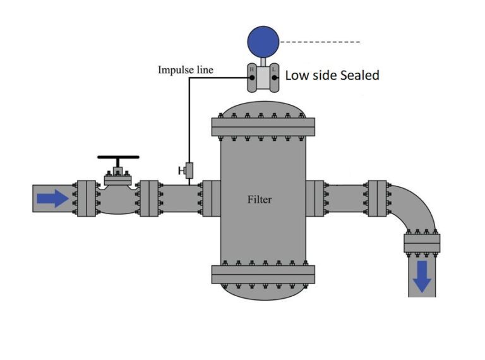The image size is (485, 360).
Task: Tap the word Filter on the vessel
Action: (x=260, y=200)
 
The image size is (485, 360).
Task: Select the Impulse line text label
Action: (x=185, y=69)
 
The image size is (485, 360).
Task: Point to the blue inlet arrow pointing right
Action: (x=52, y=199)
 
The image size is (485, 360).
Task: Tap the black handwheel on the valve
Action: (x=118, y=157)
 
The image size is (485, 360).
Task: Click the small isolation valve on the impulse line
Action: (x=188, y=169)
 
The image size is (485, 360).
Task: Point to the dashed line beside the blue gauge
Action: (x=320, y=42)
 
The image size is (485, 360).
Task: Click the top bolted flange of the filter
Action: (x=262, y=127)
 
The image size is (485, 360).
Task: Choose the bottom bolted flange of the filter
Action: (x=262, y=273)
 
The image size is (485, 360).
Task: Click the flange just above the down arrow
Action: (x=421, y=243)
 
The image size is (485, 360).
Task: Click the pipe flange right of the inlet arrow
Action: (x=86, y=198)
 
